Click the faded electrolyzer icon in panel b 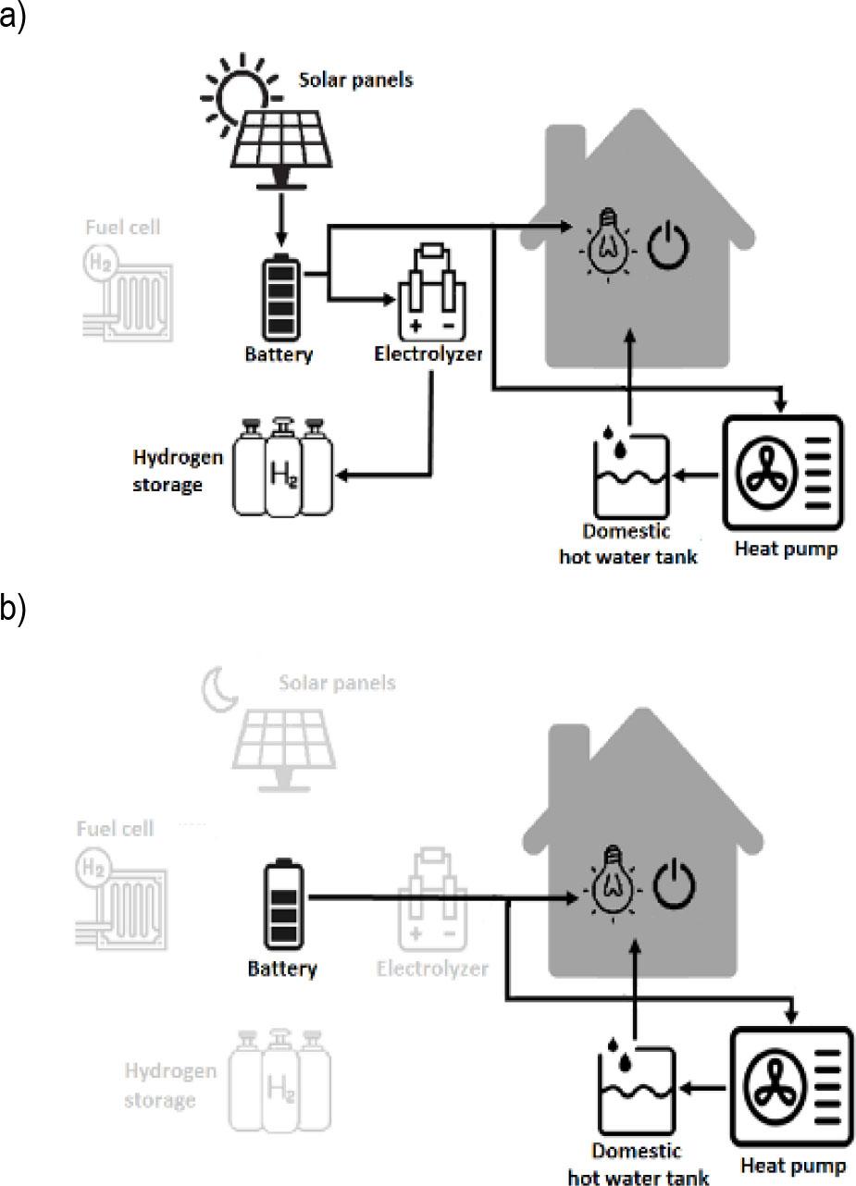pyautogui.click(x=431, y=903)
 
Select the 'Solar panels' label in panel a pyautogui.click(x=355, y=80)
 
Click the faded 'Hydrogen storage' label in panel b pyautogui.click(x=171, y=1085)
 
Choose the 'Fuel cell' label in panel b pyautogui.click(x=115, y=829)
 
